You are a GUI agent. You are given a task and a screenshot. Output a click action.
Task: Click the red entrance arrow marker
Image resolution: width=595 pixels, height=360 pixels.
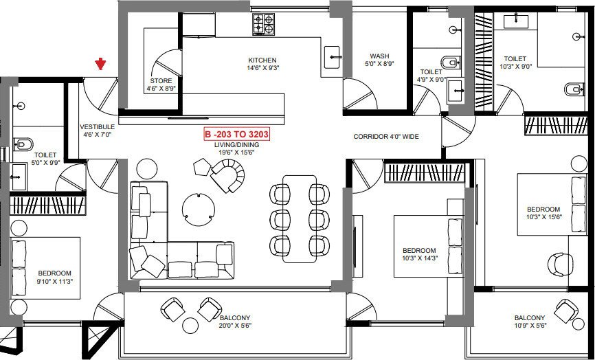pyautogui.click(x=101, y=65)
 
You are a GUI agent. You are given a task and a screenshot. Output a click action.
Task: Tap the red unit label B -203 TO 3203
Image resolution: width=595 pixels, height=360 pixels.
pyautogui.click(x=234, y=134)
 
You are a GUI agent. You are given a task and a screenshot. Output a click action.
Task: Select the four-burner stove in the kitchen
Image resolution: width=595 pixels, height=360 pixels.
pyautogui.click(x=263, y=25)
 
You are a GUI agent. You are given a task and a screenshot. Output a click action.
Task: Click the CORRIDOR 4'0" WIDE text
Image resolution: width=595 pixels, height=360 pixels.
pyautogui.click(x=385, y=137)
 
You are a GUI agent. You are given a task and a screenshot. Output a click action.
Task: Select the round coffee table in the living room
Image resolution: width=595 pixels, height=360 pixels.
pyautogui.click(x=198, y=208)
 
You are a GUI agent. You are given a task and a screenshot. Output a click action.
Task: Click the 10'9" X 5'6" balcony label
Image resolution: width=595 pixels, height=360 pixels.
pyautogui.click(x=529, y=322)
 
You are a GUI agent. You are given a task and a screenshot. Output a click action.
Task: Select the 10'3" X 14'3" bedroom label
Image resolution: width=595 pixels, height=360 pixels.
pyautogui.click(x=419, y=254)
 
